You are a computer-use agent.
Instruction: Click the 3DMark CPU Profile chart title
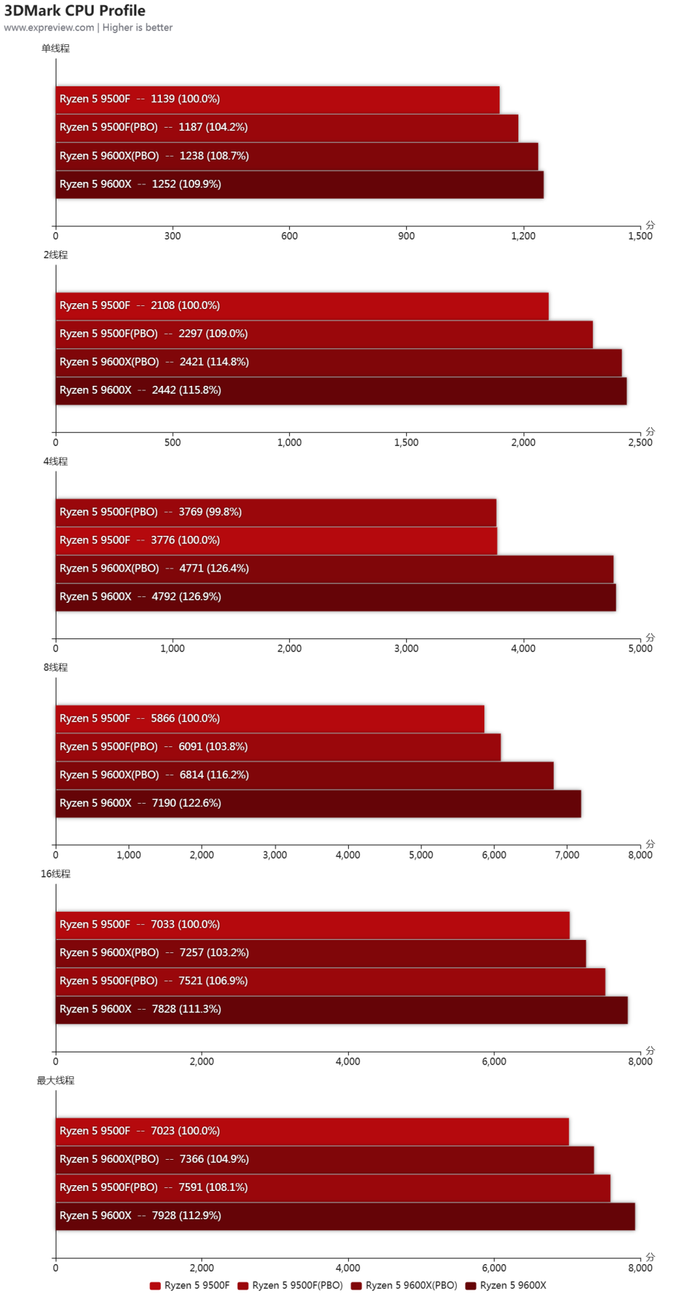(75, 11)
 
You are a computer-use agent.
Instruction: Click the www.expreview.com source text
(49, 28)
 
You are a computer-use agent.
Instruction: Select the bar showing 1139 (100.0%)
(277, 99)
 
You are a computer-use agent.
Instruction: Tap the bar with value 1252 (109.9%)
(299, 184)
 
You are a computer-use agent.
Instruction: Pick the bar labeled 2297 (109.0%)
(324, 334)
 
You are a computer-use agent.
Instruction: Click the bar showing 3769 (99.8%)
(275, 512)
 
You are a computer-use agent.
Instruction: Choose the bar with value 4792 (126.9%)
(336, 597)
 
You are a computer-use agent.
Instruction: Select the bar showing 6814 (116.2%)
(304, 775)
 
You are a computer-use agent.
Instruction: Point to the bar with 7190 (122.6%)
(318, 803)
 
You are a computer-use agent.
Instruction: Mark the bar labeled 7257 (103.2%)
(320, 953)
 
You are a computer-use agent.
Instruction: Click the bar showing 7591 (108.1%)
(333, 1187)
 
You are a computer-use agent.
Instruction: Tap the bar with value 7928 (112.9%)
(345, 1216)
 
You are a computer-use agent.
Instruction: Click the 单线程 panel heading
(56, 49)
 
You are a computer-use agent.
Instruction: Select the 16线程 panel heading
(56, 874)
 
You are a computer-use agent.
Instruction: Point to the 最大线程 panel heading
(56, 1081)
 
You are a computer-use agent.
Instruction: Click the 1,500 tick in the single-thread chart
(639, 236)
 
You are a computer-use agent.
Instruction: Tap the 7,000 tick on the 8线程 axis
(567, 855)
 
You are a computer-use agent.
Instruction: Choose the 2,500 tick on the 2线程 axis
(639, 442)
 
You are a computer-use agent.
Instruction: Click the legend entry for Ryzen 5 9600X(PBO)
(404, 1285)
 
